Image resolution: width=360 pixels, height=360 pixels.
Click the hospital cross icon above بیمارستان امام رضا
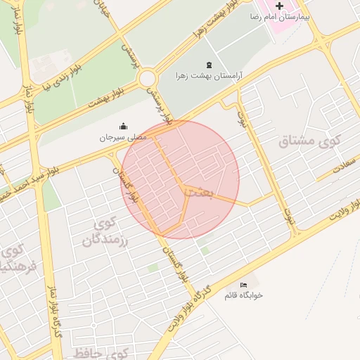click(x=279, y=6)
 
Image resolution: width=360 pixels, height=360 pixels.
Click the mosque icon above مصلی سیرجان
click(x=123, y=127)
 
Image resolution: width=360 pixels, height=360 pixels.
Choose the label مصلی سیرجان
click(x=122, y=137)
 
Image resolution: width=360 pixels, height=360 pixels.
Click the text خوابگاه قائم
click(x=243, y=295)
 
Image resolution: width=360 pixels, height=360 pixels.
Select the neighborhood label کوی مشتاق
click(x=309, y=141)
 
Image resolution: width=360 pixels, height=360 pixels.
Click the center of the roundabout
click(x=148, y=78)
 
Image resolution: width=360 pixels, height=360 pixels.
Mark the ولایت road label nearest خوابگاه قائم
click(x=187, y=310)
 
